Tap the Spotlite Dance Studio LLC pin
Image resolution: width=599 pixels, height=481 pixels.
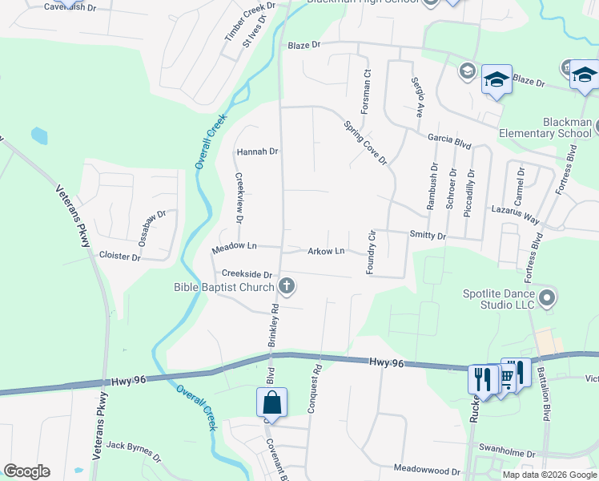pos(548,299)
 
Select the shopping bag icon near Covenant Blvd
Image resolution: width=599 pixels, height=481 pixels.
pos(272,403)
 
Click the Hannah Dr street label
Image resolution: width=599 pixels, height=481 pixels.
pos(256,151)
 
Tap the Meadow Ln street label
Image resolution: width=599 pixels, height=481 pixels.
pos(234,249)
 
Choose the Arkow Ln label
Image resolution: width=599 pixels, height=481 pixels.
pos(326,251)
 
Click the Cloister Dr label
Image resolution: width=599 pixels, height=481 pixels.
pos(119,257)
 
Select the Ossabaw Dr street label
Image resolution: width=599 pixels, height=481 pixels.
pos(151,228)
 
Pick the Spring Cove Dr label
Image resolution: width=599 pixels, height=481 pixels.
pos(365,143)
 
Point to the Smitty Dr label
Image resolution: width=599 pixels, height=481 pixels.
pos(427,236)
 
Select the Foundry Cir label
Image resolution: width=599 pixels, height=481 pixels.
pos(371,252)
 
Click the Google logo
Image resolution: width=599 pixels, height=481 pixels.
pos(26,471)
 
